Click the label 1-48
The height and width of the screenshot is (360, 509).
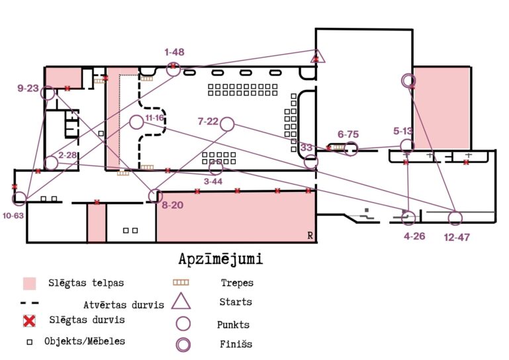coord(175,52)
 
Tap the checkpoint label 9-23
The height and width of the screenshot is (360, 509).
coord(28,88)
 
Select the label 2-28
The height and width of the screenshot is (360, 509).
coord(68,155)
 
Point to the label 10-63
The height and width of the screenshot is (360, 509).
coord(13,216)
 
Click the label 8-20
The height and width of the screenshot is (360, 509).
coord(172,206)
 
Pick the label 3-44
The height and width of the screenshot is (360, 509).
coord(213,181)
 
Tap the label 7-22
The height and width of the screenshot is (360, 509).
coord(208,121)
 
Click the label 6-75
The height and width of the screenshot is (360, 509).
coord(347,134)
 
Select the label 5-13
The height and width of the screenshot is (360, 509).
coord(402,131)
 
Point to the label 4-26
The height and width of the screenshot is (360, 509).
coord(414,236)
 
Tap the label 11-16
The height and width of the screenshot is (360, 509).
coord(154,117)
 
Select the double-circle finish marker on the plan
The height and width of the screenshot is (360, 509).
coord(408,80)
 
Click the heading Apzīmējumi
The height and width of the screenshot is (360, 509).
coord(220,259)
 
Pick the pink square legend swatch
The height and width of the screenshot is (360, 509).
coord(29,284)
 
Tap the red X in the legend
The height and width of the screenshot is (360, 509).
coord(28,321)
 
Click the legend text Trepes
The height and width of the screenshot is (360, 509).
coord(237,283)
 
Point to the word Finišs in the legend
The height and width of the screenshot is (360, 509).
coord(236,344)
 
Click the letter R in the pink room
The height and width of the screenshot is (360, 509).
coord(310,236)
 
